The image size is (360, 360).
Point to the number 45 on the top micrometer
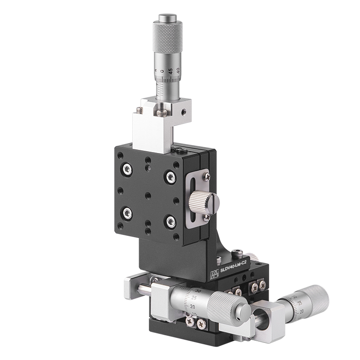(170, 71)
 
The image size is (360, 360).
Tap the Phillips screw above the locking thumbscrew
(206, 177)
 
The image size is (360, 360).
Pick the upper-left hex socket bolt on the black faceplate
(127, 169)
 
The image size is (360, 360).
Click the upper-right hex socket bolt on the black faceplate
(170, 177)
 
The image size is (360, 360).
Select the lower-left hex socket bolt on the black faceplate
(127, 213)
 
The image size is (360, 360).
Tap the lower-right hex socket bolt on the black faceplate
(170, 221)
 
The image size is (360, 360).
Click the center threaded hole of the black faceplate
(148, 196)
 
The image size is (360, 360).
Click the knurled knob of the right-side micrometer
(317, 297)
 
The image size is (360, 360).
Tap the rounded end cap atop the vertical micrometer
(167, 18)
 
